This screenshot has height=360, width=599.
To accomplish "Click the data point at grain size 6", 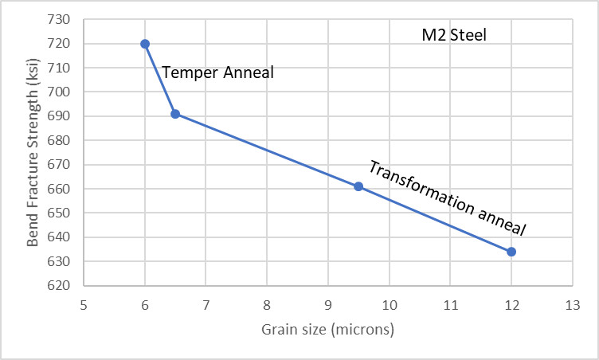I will click(x=145, y=44).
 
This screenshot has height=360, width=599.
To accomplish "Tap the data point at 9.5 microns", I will click(x=358, y=186).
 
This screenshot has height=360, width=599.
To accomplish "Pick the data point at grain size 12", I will click(x=511, y=252).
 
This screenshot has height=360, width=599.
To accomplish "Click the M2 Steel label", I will click(x=454, y=35).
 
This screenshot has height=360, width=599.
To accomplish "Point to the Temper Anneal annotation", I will click(x=217, y=73).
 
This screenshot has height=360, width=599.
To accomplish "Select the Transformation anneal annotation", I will click(x=448, y=197).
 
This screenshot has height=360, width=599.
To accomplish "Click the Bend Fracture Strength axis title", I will click(x=33, y=151).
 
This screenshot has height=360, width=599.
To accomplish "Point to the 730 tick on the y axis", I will click(x=61, y=19).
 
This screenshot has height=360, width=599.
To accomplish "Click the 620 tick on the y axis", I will click(x=61, y=286).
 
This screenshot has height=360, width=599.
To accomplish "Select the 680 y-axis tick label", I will click(x=61, y=140).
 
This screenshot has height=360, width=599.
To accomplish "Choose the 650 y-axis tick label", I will click(x=61, y=213).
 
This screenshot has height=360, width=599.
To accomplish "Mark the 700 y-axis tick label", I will click(x=61, y=92).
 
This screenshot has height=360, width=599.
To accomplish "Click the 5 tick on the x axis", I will click(x=84, y=304).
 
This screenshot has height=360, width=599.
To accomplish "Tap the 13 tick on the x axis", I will click(x=572, y=304).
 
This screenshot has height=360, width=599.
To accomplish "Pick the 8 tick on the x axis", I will click(x=267, y=304).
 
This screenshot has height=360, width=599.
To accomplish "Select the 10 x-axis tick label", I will click(x=389, y=304).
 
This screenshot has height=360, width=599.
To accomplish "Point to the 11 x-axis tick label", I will click(x=450, y=304).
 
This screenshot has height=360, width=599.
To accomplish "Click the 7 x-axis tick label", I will click(x=206, y=304).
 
